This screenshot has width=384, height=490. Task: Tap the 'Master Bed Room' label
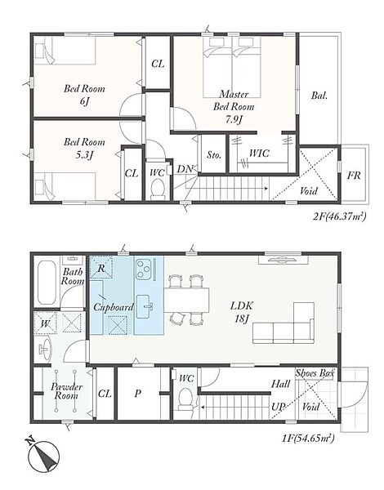tap(234, 100)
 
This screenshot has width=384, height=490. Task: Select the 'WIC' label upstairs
tap(259, 154)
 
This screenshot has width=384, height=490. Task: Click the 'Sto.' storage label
tap(214, 154)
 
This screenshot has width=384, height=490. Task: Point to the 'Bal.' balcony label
tap(319, 96)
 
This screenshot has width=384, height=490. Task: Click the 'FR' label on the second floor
tap(354, 176)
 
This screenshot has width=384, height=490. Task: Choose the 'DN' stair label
tap(185, 169)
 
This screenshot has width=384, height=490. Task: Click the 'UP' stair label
tap(278, 407)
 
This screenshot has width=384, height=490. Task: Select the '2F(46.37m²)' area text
tap(339, 216)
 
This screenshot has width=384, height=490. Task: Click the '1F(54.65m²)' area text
tap(308, 438)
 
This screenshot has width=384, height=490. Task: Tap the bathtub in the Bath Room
tap(47, 283)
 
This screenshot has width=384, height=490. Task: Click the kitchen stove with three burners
tap(143, 269)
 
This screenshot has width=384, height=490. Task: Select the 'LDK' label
tap(241, 305)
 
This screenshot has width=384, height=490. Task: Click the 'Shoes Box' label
tap(315, 373)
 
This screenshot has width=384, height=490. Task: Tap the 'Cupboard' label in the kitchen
tap(114, 307)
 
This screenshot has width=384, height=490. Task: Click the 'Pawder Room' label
tap(66, 391)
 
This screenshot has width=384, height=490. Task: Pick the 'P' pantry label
tap(137, 394)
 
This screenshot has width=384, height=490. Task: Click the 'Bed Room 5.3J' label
tap(84, 148)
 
